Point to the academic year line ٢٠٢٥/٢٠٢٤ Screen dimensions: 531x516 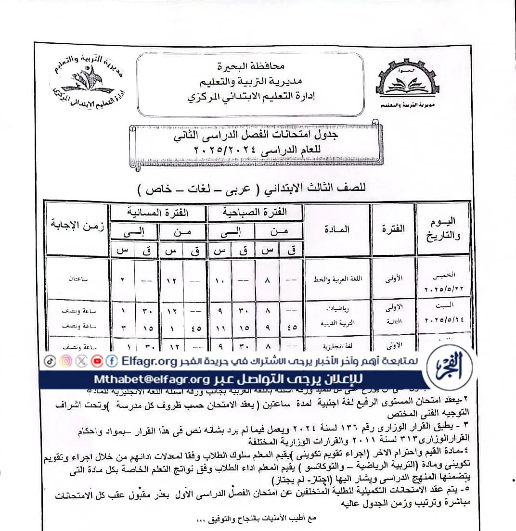pyautogui.click(x=250, y=151)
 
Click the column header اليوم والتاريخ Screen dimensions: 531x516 pyautogui.click(x=443, y=228)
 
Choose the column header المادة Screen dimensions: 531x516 pyautogui.click(x=337, y=229)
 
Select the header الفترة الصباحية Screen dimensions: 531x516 pyautogui.click(x=255, y=212)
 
